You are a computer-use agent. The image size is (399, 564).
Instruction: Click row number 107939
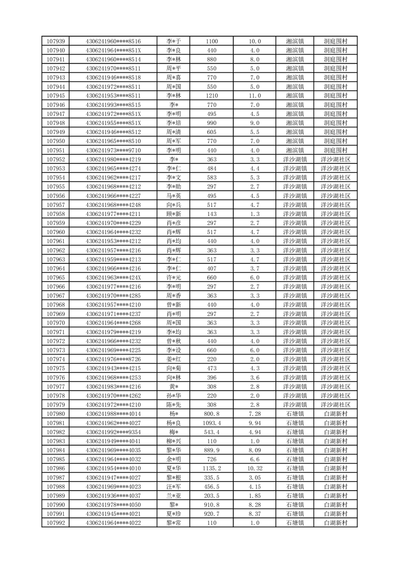coord(55,41)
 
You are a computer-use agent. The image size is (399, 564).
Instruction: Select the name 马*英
coord(174,196)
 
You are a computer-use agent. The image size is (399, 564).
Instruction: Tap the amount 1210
coord(212,96)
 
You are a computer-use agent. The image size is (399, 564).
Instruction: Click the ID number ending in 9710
coord(114,150)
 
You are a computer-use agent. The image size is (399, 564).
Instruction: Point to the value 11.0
coord(255,96)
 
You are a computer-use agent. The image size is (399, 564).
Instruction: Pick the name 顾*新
coord(174,214)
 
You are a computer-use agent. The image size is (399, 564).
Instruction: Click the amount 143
coord(212,214)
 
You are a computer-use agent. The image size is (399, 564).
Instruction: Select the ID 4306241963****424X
coord(114,278)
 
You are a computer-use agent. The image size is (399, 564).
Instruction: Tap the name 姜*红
coord(174,360)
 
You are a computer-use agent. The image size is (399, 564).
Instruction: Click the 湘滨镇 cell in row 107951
coord(294,150)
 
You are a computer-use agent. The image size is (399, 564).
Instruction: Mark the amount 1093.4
coord(212,423)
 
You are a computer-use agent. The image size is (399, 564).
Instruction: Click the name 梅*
coord(174,432)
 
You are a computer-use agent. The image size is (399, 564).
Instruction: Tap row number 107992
coord(55,523)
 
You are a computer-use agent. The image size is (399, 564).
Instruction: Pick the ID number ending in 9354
coord(114,432)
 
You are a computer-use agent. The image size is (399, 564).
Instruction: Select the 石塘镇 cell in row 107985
coord(294,459)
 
